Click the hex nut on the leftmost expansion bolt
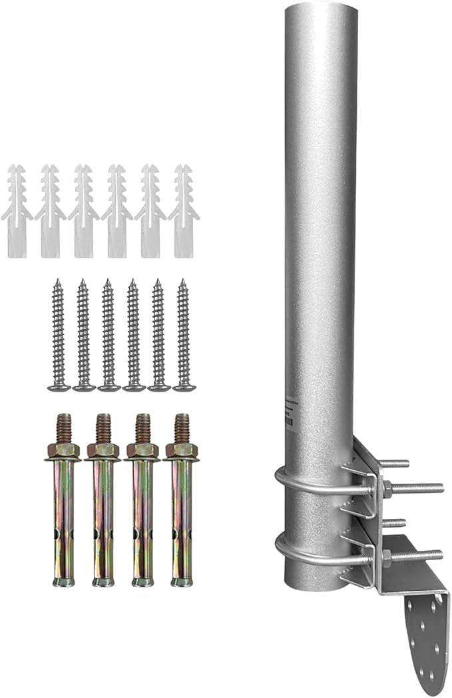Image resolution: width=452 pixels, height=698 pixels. [x=63, y=451]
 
